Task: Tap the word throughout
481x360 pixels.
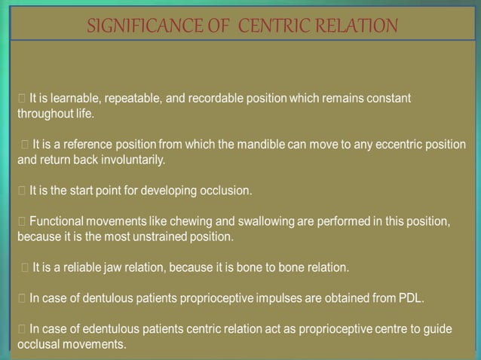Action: click(41, 114)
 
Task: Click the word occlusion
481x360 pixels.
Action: click(225, 191)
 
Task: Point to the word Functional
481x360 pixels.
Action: click(57, 221)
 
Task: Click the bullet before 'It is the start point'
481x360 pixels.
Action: click(22, 191)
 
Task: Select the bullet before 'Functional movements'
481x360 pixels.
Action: click(22, 221)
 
